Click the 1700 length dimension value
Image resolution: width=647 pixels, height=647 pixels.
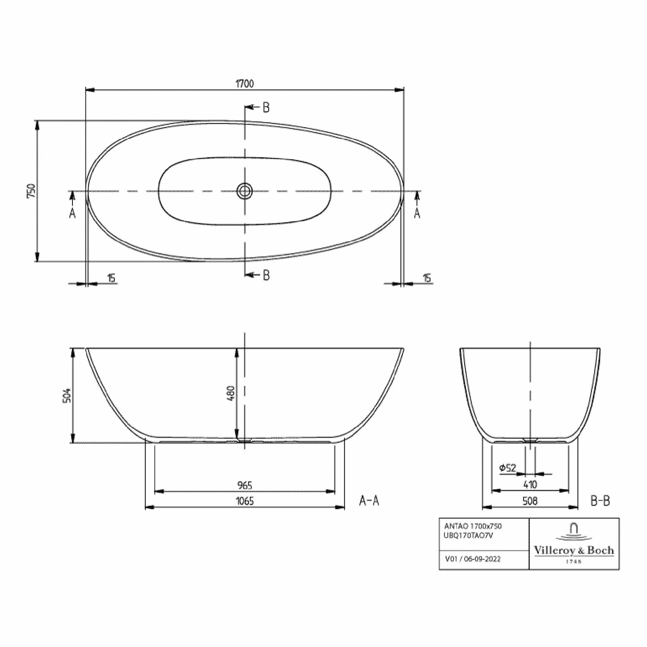pos(244,84)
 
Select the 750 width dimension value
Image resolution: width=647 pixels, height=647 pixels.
pos(31,191)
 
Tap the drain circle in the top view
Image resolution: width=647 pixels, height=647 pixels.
pos(245,191)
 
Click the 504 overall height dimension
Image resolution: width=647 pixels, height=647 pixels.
pos(67,395)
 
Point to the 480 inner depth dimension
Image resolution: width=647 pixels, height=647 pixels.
pos(230,393)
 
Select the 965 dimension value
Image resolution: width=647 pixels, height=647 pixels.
pos(245,485)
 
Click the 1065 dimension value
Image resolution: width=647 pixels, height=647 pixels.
pos(245,501)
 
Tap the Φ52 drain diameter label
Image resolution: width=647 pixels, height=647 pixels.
pos(507,468)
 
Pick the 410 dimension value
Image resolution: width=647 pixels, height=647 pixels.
pos(530,484)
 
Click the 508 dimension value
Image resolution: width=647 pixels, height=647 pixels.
pos(530,500)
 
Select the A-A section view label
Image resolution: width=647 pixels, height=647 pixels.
pos(369,500)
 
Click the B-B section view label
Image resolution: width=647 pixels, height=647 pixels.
pos(600,500)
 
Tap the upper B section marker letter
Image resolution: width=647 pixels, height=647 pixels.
pos(266,107)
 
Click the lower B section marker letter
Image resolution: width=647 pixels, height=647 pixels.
pos(266,275)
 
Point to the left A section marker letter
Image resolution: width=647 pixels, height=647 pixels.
pos(72,213)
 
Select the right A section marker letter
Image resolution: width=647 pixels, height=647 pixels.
pos(417,213)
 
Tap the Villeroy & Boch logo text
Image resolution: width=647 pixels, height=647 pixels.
pos(574,550)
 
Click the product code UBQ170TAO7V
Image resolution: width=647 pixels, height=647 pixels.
pos(468,535)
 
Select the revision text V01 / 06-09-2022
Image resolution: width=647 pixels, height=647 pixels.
pos(473,559)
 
